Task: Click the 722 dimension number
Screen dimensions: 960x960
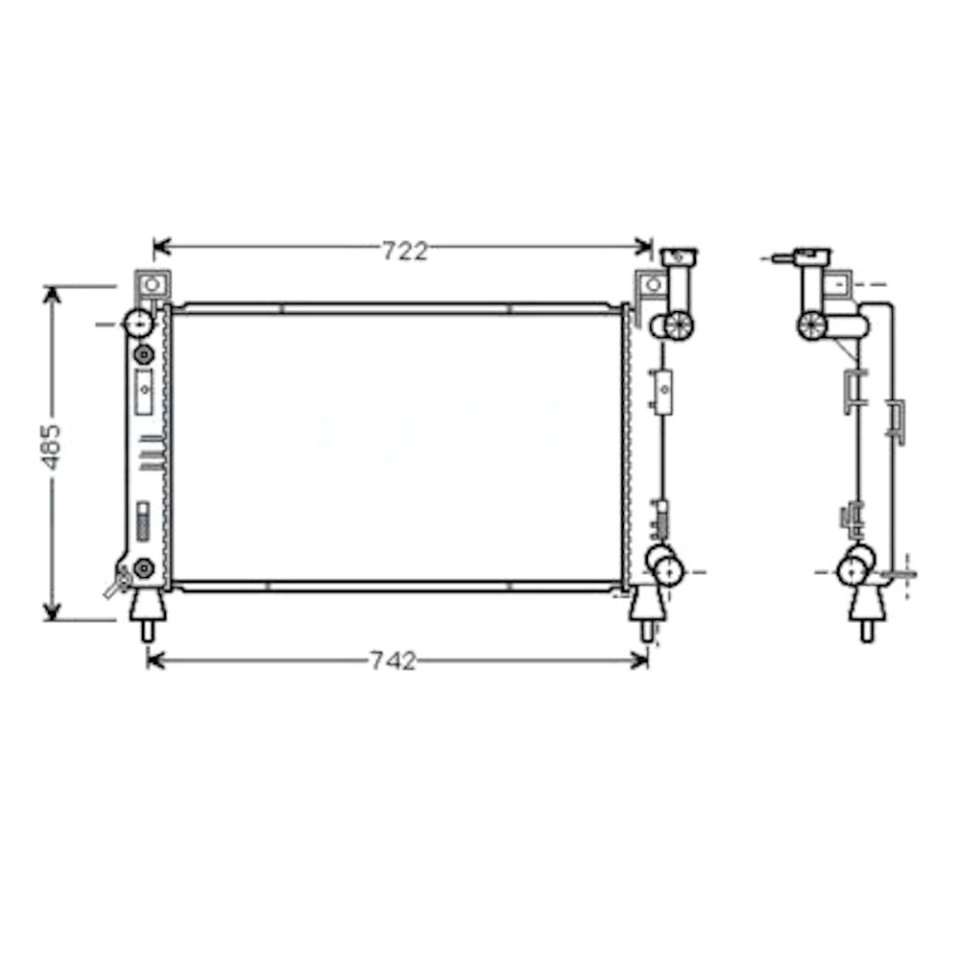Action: [x=404, y=252]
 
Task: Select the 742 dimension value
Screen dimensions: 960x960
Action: [x=394, y=660]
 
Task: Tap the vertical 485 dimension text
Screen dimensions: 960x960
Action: [x=52, y=446]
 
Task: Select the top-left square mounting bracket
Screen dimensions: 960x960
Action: [x=151, y=285]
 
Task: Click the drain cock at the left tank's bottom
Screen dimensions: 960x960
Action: [x=119, y=582]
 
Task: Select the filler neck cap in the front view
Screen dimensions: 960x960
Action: [x=679, y=256]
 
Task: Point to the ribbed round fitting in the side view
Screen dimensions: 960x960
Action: [x=812, y=325]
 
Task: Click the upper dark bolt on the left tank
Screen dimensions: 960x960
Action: [x=144, y=355]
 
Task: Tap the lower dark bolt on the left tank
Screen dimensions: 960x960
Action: [x=144, y=568]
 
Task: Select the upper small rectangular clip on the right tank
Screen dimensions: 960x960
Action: [x=662, y=388]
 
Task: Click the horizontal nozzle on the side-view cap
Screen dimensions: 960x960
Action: [x=783, y=257]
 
